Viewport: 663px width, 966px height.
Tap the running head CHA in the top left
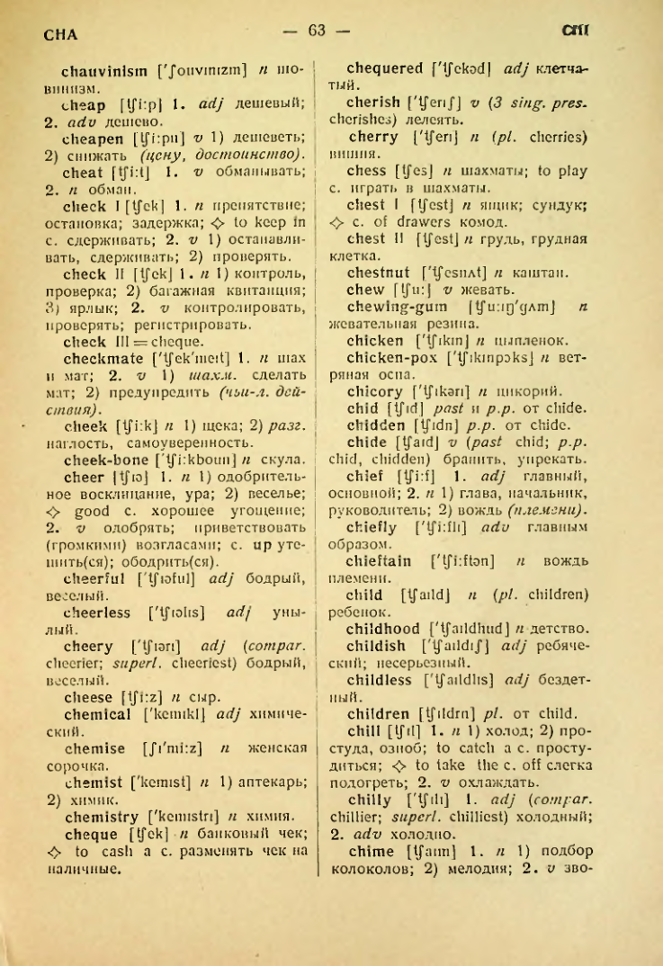coord(61,35)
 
